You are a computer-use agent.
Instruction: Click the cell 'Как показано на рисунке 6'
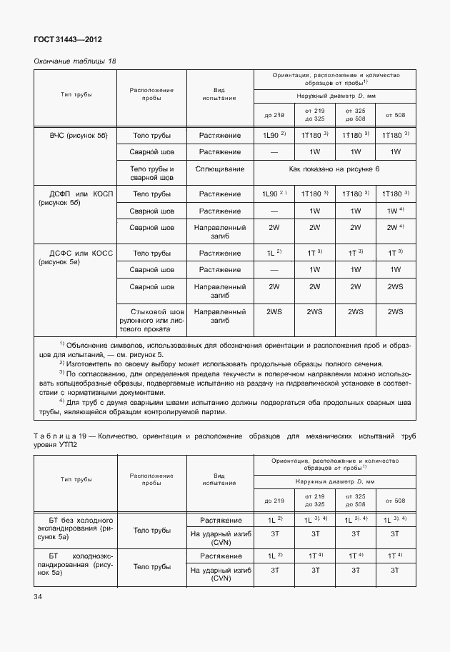tap(334, 169)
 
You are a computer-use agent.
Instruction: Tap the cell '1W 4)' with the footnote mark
tap(395, 211)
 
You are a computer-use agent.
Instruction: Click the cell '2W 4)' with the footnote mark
tap(395, 228)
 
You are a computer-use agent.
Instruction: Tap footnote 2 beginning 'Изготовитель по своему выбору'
tap(221, 364)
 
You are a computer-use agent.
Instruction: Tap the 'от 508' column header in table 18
tap(395, 114)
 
